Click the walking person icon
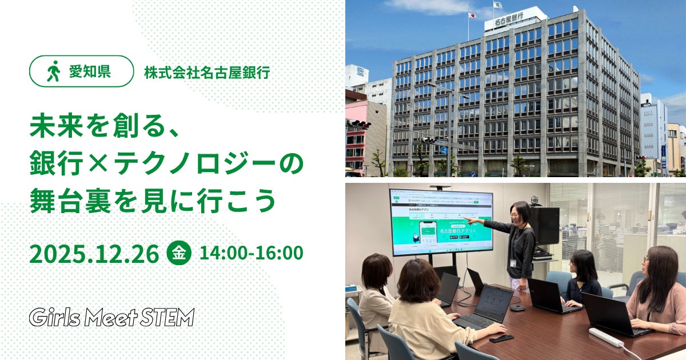(53, 71)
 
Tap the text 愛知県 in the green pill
(89, 71)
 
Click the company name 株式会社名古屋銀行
(207, 73)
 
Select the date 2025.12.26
(94, 254)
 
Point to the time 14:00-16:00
(252, 253)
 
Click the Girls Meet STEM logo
(112, 317)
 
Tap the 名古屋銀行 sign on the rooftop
(509, 19)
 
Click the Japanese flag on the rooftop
(472, 15)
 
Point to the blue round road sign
(444, 151)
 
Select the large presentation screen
(441, 222)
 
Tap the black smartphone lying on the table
(501, 338)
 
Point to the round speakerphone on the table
(517, 307)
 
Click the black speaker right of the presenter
(546, 226)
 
